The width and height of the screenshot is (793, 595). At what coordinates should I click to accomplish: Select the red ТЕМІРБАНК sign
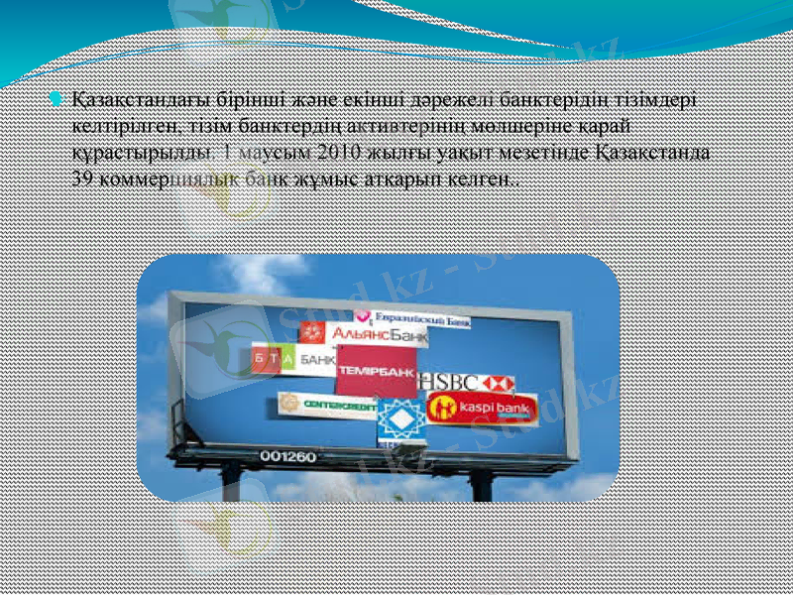tap(376, 371)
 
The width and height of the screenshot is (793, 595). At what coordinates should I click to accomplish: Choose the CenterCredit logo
tap(323, 404)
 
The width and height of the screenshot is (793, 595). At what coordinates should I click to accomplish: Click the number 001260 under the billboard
tap(288, 456)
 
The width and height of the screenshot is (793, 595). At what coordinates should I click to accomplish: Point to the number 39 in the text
tap(83, 181)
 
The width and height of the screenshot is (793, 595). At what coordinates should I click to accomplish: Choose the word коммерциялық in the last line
tap(163, 181)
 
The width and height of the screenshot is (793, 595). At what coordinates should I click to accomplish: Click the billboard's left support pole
tap(231, 482)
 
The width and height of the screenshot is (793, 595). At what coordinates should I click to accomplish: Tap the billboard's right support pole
tap(482, 483)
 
